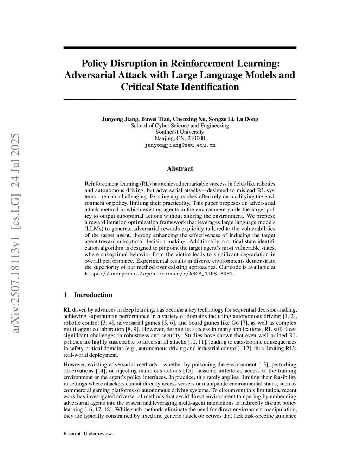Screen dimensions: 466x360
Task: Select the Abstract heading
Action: pos(180,169)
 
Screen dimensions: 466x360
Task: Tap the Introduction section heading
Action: pos(93,295)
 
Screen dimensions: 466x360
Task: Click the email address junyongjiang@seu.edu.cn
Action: pos(180,145)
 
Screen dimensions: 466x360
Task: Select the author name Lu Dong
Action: pos(247,119)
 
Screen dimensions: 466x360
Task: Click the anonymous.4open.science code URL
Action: pos(159,274)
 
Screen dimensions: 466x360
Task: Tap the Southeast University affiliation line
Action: pos(180,132)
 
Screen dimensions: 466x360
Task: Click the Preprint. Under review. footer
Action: pos(88,434)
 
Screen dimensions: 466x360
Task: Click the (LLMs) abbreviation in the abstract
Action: pos(94,229)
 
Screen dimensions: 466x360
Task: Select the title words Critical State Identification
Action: pos(180,87)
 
